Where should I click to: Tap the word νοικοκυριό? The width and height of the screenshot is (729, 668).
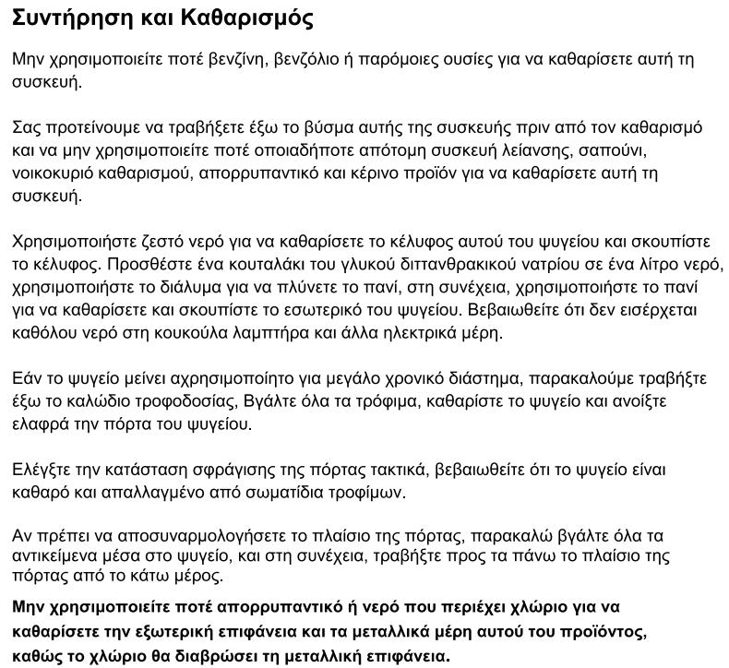point(54,173)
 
